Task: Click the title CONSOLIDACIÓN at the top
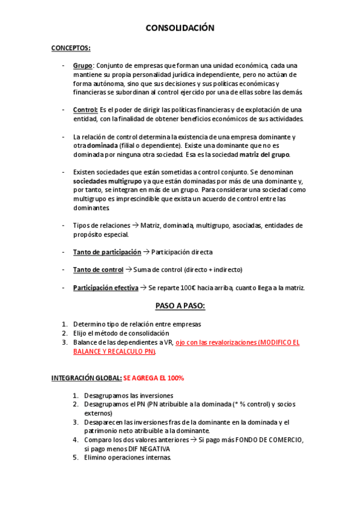(180, 28)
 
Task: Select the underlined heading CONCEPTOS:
(71, 48)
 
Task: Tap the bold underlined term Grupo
(82, 66)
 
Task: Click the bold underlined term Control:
(85, 109)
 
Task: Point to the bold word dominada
(103, 146)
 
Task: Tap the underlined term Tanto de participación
(107, 252)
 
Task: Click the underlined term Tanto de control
(98, 269)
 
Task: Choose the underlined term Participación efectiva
(106, 287)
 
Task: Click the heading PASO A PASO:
(180, 306)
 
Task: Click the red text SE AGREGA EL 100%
(154, 378)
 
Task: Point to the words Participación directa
(182, 252)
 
